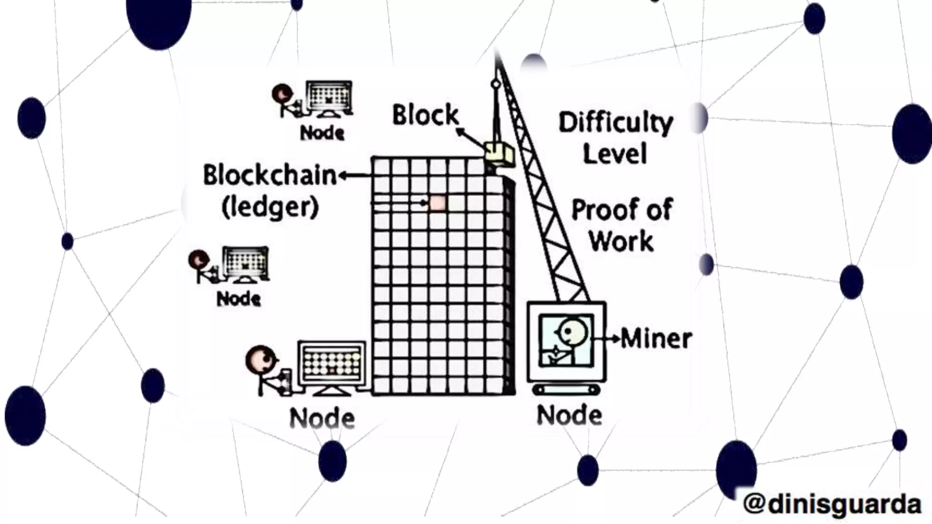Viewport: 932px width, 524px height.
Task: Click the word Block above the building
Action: click(x=425, y=115)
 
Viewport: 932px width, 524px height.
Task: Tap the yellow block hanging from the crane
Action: click(x=499, y=153)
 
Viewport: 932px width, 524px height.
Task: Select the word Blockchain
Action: click(x=269, y=176)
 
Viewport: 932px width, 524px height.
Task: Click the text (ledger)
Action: click(x=270, y=207)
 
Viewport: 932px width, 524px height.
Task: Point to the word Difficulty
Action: click(x=616, y=123)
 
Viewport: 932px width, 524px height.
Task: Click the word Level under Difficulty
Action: click(x=615, y=154)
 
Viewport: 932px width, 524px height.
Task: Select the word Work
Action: click(x=622, y=241)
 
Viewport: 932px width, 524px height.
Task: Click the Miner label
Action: click(x=656, y=339)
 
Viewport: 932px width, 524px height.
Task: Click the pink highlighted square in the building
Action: click(x=438, y=203)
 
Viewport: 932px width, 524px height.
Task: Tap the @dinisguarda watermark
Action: click(x=832, y=504)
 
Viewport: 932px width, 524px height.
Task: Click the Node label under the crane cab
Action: click(x=569, y=415)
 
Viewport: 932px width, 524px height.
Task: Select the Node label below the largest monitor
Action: click(x=322, y=418)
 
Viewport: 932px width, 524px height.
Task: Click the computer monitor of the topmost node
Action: click(x=329, y=97)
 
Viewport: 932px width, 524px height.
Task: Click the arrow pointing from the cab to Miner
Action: click(x=613, y=339)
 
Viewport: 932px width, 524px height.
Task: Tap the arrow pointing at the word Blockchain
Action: click(x=355, y=176)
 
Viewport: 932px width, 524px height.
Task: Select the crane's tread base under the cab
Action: click(x=566, y=390)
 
